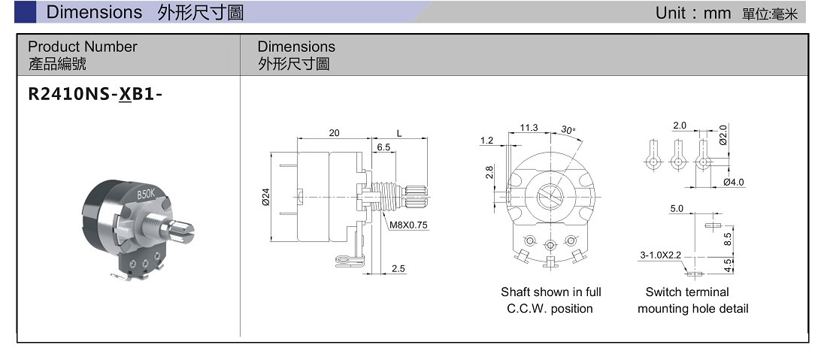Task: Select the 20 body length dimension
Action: (334, 133)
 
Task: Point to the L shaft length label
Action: (399, 133)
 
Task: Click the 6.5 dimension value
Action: (383, 147)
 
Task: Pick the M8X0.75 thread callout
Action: (408, 225)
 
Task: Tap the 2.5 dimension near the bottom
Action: (398, 268)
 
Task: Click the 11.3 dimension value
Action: (529, 128)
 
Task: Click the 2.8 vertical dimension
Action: (489, 172)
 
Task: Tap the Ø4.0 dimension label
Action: (733, 183)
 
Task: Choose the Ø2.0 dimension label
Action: (723, 135)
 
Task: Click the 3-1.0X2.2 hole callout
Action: (660, 256)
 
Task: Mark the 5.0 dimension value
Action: (677, 209)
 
